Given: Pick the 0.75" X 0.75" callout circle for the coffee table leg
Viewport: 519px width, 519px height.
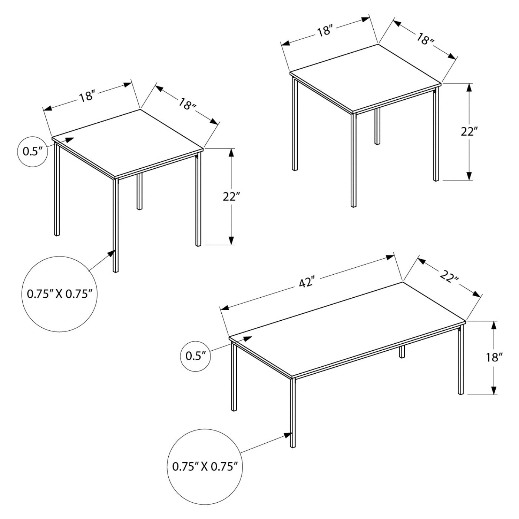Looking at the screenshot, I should pos(205,466).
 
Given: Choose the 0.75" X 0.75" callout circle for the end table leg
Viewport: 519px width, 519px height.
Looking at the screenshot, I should pos(59,294).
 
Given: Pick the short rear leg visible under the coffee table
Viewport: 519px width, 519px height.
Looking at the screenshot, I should pos(401,352).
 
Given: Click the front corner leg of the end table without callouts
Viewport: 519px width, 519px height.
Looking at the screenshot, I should pos(353,159).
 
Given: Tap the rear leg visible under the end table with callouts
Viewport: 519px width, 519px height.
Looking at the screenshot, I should pos(139,191).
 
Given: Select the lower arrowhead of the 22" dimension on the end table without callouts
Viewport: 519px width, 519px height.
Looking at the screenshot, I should pos(469,176).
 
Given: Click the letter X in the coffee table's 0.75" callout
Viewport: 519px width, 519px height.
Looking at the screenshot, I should pos(205,466).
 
